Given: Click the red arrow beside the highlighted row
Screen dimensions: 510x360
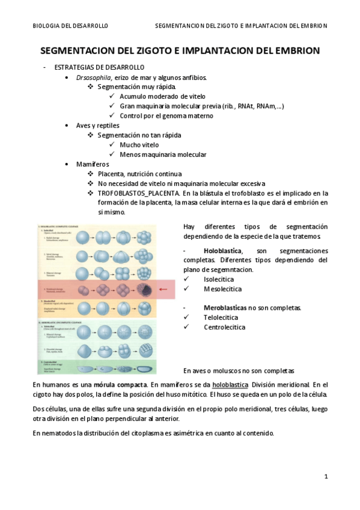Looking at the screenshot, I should (163, 289).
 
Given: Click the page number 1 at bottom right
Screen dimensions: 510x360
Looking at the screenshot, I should (326, 477).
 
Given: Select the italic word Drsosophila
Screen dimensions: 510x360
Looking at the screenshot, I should (93, 78).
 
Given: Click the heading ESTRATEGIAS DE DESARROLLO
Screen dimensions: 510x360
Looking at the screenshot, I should (99, 67).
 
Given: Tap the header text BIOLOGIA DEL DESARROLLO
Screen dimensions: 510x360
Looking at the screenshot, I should (70, 26).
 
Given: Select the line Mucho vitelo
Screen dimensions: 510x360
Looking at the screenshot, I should (139, 144).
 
